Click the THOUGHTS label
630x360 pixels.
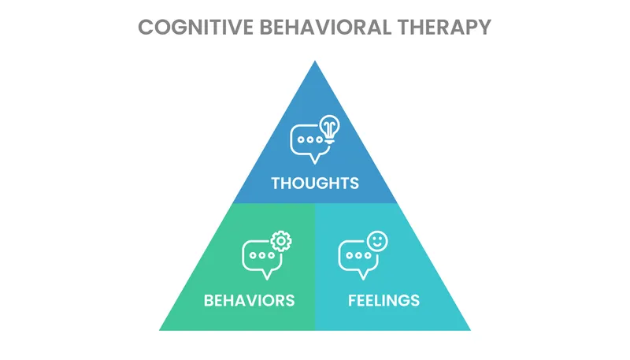tap(315, 184)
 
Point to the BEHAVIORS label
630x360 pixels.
tap(249, 300)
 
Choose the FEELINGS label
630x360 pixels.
tap(384, 300)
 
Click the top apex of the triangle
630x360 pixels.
tap(315, 62)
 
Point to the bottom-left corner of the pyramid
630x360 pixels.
tap(161, 329)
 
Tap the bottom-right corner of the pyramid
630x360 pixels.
tap(469, 329)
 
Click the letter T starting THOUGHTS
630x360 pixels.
tap(276, 184)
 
